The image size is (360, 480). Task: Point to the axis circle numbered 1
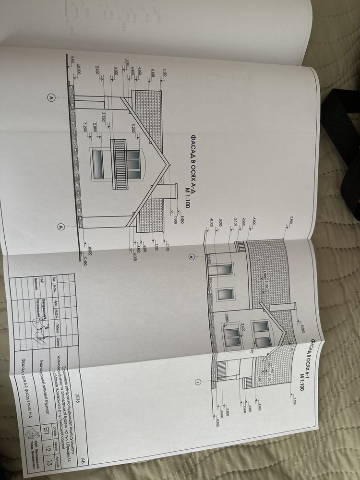198,382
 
